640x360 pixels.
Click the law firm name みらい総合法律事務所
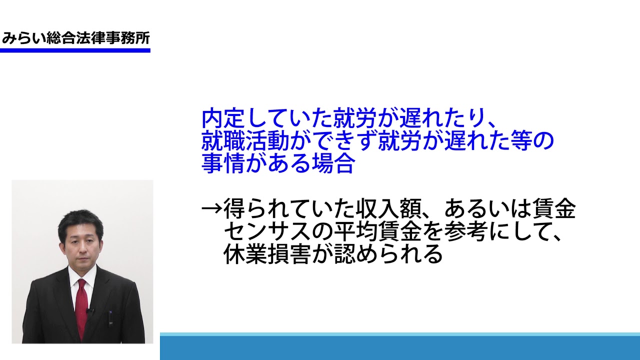75,38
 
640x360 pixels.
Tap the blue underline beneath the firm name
75,50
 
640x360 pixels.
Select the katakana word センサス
267,231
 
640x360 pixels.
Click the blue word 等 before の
521,141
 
